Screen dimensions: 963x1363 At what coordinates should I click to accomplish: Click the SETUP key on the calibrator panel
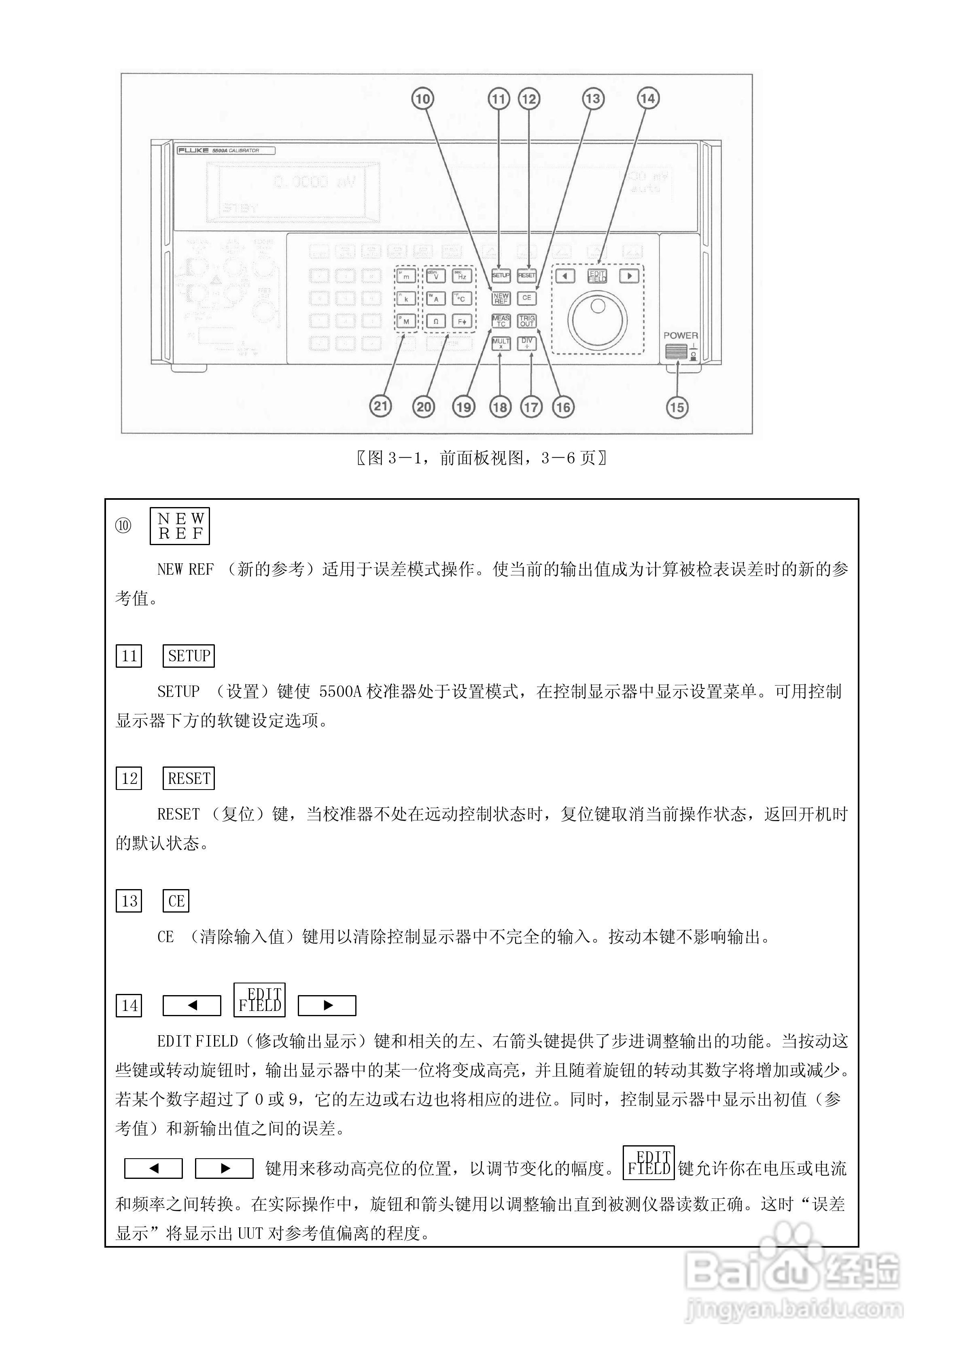tap(501, 276)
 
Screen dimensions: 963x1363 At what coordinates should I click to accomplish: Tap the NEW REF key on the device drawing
tap(501, 298)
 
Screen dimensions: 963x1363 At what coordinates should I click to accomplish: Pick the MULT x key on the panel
tap(501, 343)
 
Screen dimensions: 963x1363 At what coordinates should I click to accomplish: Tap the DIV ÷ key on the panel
tap(527, 343)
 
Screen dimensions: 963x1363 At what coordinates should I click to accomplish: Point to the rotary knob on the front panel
tap(597, 319)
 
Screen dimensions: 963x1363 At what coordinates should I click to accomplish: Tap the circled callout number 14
tap(648, 99)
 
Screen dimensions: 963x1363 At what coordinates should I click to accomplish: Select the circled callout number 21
tap(381, 407)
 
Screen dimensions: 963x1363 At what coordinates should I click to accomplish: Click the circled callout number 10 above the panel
tap(422, 99)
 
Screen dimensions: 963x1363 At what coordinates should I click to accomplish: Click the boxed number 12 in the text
tap(129, 778)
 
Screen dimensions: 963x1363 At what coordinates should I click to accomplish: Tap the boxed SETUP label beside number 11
tap(188, 656)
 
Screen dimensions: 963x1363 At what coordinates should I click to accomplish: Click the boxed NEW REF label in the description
tap(180, 526)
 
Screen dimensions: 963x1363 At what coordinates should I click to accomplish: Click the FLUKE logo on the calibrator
tap(193, 151)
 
